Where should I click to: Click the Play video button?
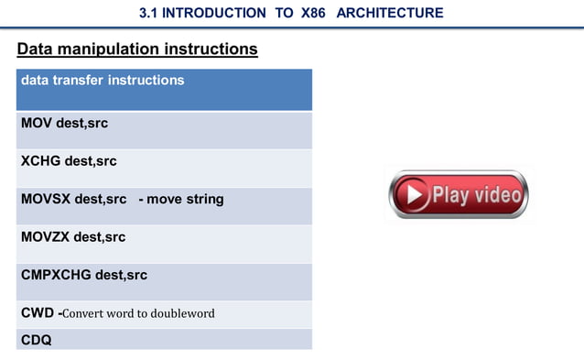click(458, 194)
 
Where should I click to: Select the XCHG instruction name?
click(41, 161)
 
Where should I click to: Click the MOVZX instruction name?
click(46, 237)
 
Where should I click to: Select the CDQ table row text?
click(37, 340)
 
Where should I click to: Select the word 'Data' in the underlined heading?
click(38, 49)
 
